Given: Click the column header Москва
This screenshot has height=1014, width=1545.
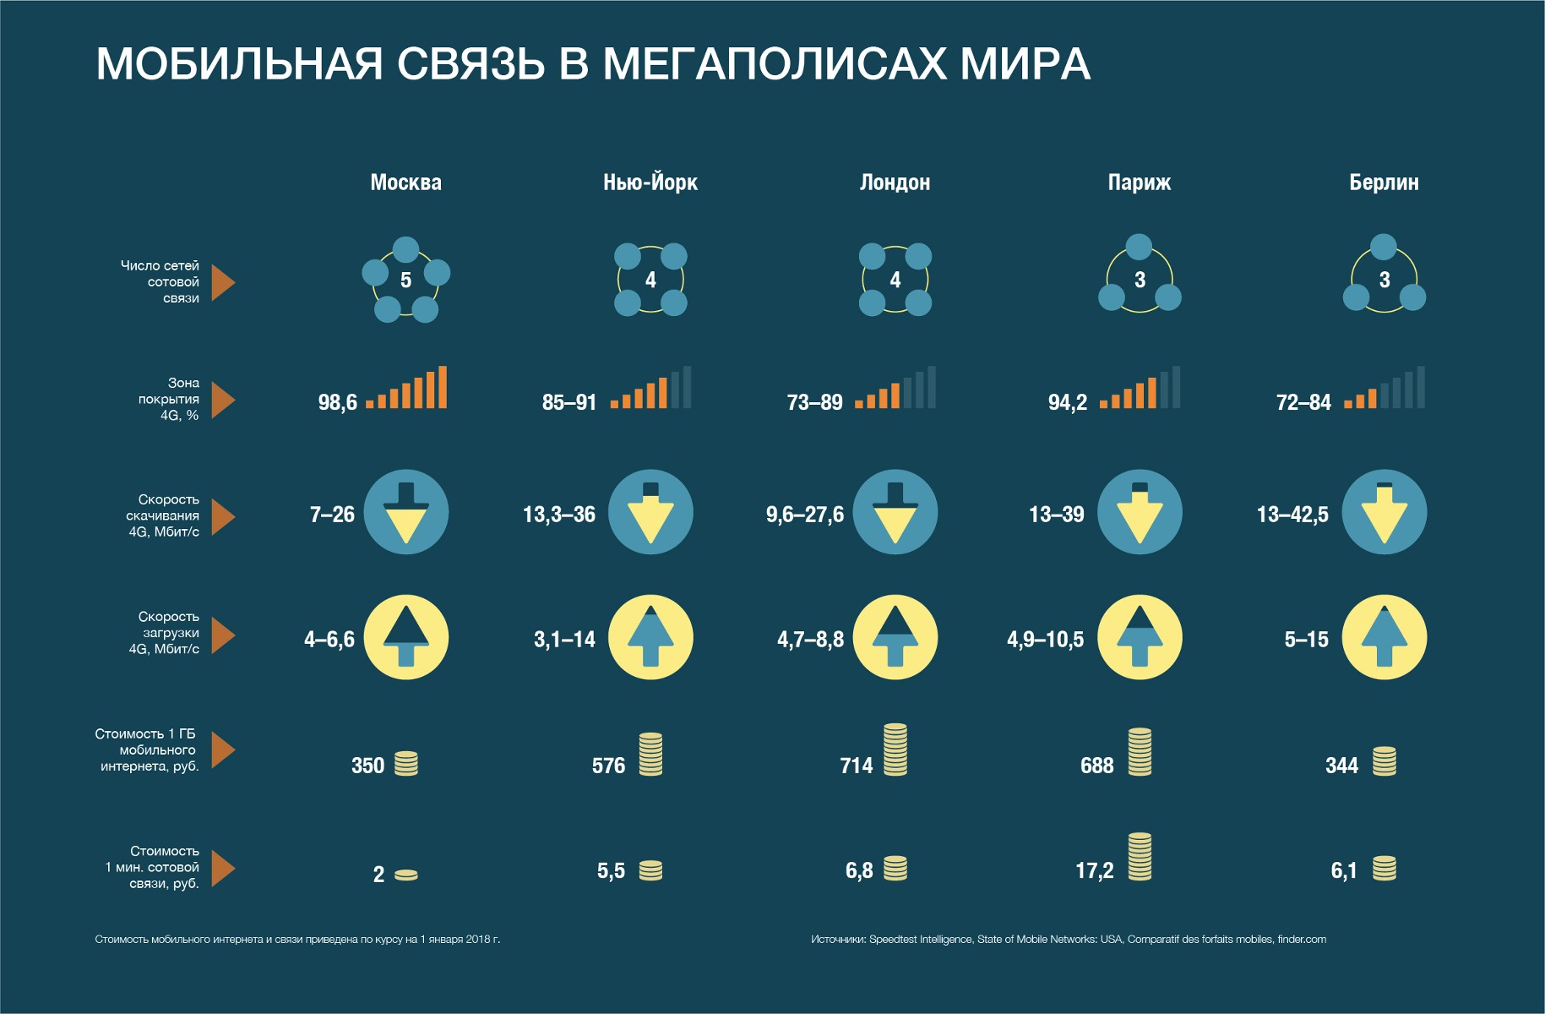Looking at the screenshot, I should (405, 183).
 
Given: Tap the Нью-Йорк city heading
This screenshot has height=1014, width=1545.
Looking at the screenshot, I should (650, 183).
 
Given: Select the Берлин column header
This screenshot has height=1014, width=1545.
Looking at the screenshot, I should (1384, 183).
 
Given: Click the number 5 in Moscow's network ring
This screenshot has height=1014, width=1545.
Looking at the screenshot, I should (405, 280).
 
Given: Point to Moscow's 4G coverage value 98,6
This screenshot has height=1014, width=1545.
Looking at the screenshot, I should (337, 402).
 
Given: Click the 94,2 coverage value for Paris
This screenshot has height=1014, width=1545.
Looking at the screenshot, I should (1067, 402).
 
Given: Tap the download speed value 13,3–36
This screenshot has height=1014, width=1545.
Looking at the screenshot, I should (558, 514).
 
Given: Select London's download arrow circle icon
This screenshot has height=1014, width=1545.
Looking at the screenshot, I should (895, 512).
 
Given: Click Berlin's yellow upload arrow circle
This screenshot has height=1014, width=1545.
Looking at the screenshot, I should (1384, 637).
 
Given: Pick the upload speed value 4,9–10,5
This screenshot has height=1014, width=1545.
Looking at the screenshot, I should (1045, 640).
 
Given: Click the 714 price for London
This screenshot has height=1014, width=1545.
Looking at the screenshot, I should (856, 766).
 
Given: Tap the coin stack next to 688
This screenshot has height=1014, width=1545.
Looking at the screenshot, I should (1140, 751).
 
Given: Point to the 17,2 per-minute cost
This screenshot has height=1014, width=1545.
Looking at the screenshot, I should (1094, 870).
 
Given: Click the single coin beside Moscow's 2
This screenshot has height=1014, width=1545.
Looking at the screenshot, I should (405, 875).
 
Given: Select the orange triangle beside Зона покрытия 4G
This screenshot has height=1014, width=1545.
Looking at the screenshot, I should (222, 400).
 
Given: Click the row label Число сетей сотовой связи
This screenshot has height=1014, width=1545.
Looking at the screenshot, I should (160, 281).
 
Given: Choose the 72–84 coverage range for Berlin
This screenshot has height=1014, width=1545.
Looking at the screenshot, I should (1303, 402).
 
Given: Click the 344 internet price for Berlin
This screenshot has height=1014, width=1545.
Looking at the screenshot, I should (1341, 766).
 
